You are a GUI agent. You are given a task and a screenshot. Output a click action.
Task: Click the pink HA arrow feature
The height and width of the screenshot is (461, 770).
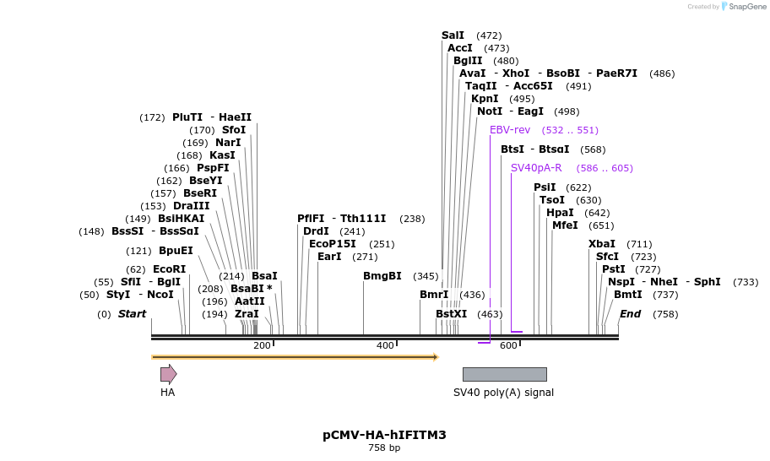168,374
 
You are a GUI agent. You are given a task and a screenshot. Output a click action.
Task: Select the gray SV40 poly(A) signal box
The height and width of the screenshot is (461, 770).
504,374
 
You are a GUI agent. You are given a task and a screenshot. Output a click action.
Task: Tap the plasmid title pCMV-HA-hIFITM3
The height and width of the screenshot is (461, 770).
384,435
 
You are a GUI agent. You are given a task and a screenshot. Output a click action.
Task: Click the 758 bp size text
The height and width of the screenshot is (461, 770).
384,448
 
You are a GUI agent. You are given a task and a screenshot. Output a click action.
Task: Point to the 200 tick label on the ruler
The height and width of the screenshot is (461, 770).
262,345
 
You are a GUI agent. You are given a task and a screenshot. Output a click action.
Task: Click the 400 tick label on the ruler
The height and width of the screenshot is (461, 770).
385,345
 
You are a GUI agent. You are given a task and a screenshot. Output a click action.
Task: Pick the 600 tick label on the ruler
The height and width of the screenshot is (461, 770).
508,345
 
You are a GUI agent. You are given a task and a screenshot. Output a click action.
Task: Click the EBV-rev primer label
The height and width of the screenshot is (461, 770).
510,130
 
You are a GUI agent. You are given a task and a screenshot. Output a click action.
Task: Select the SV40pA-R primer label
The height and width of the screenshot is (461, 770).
535,168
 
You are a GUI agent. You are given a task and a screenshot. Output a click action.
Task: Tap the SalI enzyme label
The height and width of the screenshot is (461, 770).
453,35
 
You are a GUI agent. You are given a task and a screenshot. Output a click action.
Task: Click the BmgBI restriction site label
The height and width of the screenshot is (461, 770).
382,276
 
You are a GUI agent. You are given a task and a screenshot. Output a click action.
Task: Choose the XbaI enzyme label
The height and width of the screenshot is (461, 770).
602,244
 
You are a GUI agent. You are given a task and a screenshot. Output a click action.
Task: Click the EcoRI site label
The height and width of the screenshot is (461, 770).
169,269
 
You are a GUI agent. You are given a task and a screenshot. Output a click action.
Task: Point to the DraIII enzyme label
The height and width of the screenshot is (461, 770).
191,206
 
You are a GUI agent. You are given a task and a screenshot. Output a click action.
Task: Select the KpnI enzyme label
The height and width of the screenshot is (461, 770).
485,99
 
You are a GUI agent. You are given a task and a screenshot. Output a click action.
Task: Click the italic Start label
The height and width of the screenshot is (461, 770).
132,314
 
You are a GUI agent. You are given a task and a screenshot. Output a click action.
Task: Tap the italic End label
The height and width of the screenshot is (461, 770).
630,314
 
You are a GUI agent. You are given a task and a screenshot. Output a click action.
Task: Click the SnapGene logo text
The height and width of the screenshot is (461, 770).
743,7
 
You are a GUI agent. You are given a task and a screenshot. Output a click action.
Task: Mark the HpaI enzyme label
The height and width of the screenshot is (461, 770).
560,213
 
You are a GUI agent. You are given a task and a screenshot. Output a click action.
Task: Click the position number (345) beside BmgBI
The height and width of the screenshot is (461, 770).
426,276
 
